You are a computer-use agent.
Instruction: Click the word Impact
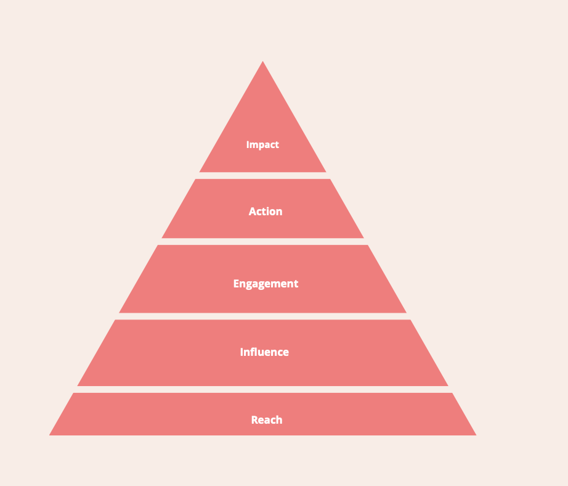tap(262, 145)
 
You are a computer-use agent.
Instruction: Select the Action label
tap(266, 212)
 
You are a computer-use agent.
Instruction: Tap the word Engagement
tap(266, 284)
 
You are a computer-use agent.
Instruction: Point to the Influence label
tap(264, 352)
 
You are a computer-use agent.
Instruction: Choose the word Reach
tap(267, 420)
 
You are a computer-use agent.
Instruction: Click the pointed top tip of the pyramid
tap(263, 62)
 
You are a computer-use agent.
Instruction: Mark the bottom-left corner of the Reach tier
tap(51, 435)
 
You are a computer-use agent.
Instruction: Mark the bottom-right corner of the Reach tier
tap(475, 435)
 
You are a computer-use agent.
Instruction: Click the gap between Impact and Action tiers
tap(263, 176)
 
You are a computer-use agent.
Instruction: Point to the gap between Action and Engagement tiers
tap(263, 242)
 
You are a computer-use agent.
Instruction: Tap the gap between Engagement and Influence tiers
tap(263, 316)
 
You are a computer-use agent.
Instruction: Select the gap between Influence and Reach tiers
tap(263, 390)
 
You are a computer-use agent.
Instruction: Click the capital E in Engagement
tap(237, 284)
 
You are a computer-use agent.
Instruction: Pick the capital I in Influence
tap(242, 352)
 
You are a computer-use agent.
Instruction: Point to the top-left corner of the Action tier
tap(196, 179)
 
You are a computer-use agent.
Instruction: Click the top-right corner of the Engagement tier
tap(368, 245)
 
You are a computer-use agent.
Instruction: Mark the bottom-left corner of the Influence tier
tap(78, 385)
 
